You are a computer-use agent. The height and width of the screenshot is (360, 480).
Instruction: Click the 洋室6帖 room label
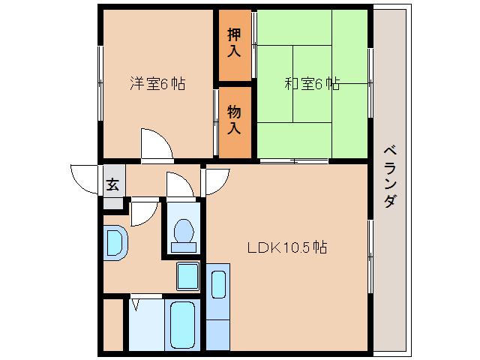(157, 83)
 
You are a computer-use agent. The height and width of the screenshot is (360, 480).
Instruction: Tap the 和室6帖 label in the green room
(312, 84)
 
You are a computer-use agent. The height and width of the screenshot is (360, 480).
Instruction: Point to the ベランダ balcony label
(389, 177)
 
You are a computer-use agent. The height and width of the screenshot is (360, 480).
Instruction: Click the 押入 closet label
(235, 43)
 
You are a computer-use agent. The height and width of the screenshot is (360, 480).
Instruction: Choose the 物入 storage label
(235, 120)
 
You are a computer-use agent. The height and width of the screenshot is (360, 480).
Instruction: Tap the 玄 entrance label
(112, 184)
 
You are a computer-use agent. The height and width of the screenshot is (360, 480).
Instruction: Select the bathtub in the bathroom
(182, 324)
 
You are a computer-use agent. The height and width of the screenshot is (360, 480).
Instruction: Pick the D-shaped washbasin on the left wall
(115, 242)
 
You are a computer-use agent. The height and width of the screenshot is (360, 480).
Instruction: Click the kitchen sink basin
(218, 285)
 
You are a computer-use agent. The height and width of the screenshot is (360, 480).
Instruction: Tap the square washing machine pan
(187, 276)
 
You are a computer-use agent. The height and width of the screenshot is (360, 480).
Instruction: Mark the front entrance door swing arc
(84, 177)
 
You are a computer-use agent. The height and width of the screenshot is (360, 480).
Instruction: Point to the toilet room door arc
(180, 184)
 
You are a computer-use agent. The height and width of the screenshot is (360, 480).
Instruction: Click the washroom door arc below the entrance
(142, 213)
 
